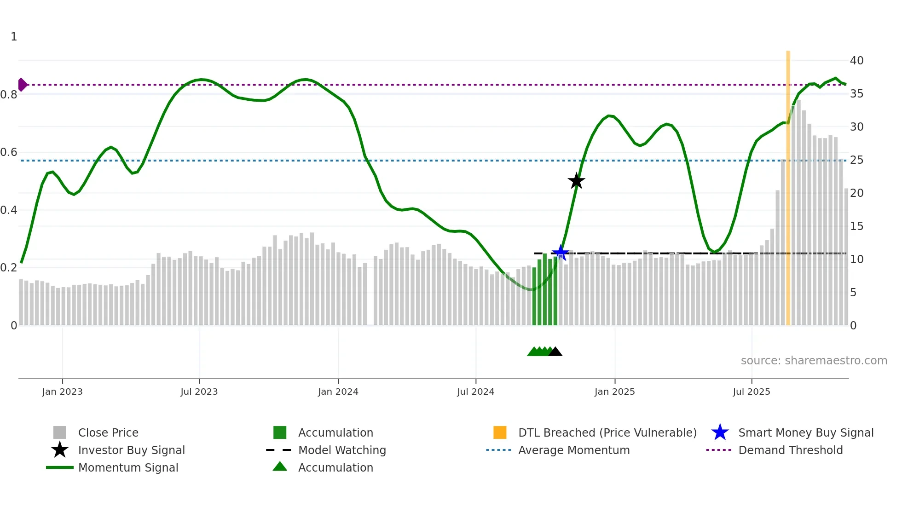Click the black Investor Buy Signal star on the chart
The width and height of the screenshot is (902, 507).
576,181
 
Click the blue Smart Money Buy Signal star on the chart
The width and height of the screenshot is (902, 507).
560,253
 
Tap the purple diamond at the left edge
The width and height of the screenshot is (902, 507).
22,85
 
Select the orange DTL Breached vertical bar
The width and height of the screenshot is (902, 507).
788,184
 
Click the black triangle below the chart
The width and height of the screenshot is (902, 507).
555,352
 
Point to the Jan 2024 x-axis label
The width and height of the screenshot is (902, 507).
338,392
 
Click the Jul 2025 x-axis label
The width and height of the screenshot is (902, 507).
751,392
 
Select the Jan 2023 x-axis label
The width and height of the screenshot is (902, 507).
62,392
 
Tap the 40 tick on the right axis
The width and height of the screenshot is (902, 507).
856,60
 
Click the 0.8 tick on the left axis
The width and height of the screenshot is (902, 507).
9,95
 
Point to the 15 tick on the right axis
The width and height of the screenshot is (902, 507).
856,226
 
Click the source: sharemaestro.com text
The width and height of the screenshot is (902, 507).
814,360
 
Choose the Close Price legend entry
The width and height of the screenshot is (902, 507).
108,432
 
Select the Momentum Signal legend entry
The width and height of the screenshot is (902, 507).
128,467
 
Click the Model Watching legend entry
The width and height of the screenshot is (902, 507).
342,450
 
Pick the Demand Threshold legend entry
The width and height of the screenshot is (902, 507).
790,450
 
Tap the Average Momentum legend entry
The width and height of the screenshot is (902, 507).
574,450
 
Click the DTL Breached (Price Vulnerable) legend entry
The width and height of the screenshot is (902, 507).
607,432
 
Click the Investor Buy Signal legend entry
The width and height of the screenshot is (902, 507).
131,450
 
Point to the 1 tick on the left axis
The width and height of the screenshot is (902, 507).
14,37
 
